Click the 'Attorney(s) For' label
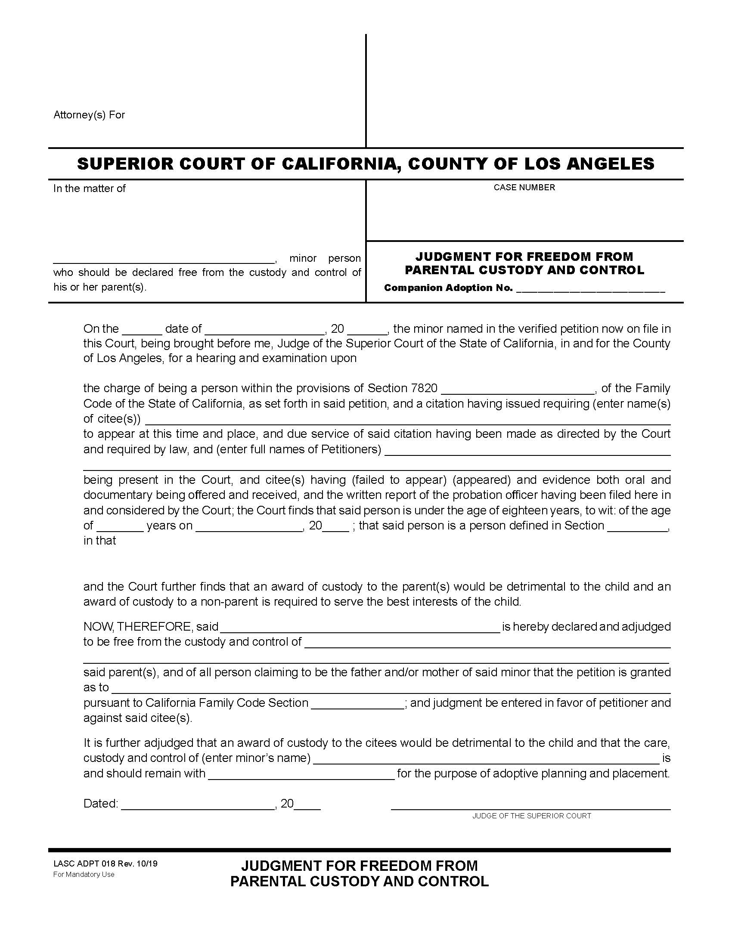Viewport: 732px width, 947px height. click(x=89, y=115)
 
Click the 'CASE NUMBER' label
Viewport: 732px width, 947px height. click(x=524, y=187)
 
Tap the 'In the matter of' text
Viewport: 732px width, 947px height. click(x=89, y=189)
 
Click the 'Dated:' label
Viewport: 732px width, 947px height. click(x=101, y=804)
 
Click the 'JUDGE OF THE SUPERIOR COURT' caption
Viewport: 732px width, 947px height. click(x=532, y=816)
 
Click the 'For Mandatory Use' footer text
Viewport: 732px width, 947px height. click(x=84, y=874)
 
